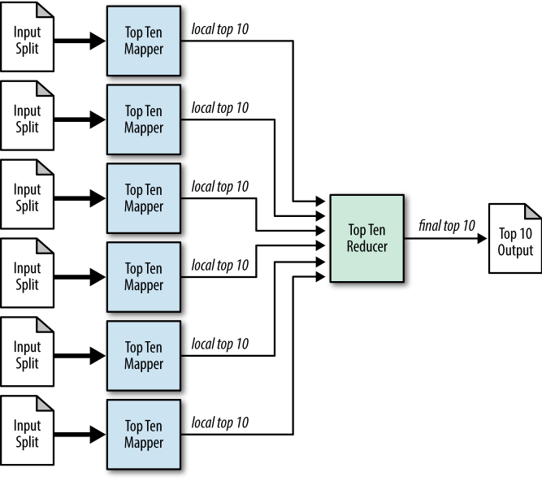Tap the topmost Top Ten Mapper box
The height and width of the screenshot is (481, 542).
coord(144,41)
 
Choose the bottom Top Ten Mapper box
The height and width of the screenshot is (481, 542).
coord(144,435)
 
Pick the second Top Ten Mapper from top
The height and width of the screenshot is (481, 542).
coord(144,119)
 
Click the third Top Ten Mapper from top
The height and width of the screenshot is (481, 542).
coord(144,198)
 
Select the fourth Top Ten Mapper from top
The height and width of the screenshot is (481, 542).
coord(144,277)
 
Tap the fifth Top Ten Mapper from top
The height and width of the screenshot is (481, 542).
coord(144,356)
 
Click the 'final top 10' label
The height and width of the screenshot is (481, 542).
coord(447,225)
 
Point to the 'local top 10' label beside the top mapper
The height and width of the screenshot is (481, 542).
coord(219,29)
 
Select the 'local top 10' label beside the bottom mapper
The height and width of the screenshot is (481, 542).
coord(219,422)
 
